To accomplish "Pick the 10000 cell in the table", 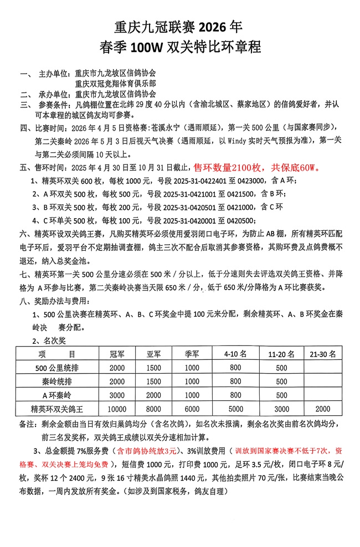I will point(117,409).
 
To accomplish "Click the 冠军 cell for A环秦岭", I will point(117,395).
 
